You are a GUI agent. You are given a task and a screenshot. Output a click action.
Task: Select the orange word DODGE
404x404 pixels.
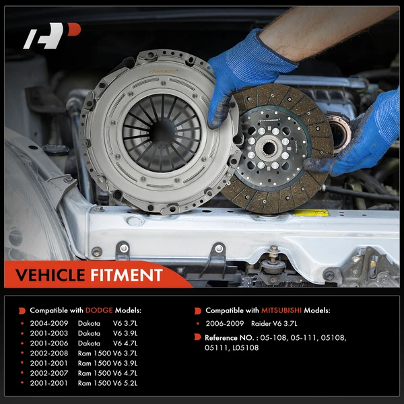[x=99, y=310]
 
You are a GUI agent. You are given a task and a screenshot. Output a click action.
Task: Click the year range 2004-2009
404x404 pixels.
[x=49, y=323]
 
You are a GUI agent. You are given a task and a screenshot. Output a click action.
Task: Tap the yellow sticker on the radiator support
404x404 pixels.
[x=311, y=213]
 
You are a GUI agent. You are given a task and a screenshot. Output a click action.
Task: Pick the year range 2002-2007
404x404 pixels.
[x=49, y=372]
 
